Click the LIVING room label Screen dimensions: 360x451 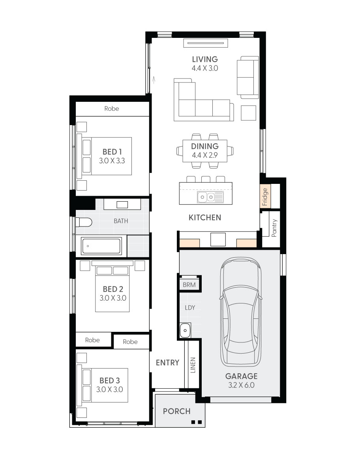click(204, 59)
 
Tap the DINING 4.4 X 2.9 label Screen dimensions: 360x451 click(204, 150)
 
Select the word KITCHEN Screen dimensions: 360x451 click(204, 217)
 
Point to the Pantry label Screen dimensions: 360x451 click(274, 228)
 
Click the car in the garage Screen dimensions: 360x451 click(241, 312)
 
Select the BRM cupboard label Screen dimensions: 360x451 click(189, 285)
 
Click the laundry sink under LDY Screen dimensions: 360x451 click(185, 330)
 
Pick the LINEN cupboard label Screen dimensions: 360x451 click(193, 365)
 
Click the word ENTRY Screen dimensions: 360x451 click(167, 363)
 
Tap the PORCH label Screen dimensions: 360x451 click(177, 411)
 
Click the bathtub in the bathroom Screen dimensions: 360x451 click(101, 246)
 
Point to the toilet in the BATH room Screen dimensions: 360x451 click(84, 222)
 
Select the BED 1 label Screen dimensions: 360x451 click(112, 152)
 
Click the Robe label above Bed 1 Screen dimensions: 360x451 click(112, 109)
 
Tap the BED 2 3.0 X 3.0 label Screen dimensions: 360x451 click(113, 294)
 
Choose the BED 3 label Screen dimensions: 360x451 click(110, 380)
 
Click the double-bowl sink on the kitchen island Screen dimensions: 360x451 click(206, 197)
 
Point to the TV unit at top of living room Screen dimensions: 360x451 click(206, 43)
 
